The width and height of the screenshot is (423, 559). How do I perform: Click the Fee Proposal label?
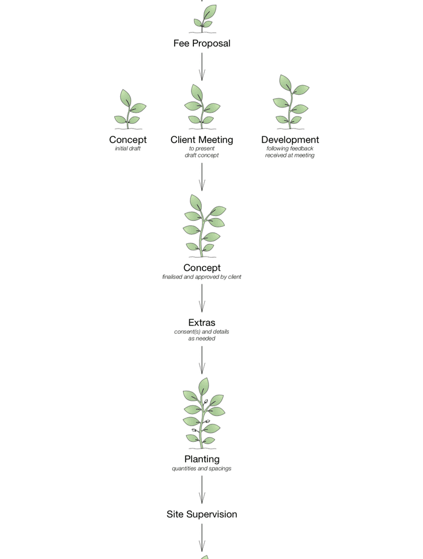[202, 43]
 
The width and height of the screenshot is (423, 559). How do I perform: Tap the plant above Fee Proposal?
[202, 19]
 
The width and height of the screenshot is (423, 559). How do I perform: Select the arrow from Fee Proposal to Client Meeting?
[202, 66]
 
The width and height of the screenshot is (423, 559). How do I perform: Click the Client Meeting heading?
[202, 139]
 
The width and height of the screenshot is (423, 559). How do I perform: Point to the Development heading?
[290, 139]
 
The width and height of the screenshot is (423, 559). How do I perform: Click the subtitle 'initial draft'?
[128, 149]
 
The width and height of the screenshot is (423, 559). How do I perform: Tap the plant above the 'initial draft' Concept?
[129, 109]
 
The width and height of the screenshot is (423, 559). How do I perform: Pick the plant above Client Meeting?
[201, 107]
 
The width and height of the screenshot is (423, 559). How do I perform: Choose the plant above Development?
[291, 102]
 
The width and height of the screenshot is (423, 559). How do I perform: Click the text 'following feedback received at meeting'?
[290, 152]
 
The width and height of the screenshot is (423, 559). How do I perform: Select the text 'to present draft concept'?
[202, 152]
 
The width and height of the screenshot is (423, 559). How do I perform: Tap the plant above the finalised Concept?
[203, 225]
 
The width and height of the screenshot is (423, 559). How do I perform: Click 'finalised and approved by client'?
[202, 277]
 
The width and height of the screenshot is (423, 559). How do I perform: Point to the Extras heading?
[202, 323]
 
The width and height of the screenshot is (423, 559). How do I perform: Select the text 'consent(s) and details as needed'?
[202, 335]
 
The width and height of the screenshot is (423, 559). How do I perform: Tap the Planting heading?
[202, 459]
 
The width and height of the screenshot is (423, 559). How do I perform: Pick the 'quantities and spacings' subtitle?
[202, 468]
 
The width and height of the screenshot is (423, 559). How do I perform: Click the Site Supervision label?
[202, 514]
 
